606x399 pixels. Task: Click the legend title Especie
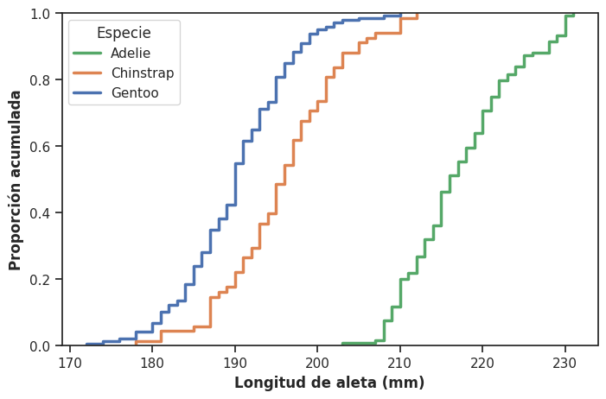pos(124,33)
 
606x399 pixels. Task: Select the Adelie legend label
pos(131,54)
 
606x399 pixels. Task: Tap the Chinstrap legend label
pos(143,73)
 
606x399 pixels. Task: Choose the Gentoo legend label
pos(135,93)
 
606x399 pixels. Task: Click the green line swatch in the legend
pos(89,54)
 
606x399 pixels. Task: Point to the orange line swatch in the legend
pos(89,73)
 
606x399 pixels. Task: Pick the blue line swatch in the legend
pos(89,93)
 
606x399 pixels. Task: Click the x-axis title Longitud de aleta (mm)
pos(329,383)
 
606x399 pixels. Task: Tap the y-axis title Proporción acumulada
pos(16,180)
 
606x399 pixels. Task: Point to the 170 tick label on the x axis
pos(70,361)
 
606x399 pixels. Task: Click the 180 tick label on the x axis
pos(152,361)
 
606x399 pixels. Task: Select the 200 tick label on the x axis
pos(317,361)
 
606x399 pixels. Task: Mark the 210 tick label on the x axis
pos(399,361)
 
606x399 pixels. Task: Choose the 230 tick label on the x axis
pos(565,361)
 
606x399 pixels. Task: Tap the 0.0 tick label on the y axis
pos(41,345)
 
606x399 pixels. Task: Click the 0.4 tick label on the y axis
pos(41,212)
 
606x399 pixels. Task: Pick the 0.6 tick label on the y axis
pos(41,146)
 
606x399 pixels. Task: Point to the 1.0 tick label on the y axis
pos(41,14)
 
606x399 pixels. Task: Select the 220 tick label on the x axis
pos(482,361)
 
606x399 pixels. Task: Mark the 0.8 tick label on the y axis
pos(41,80)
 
